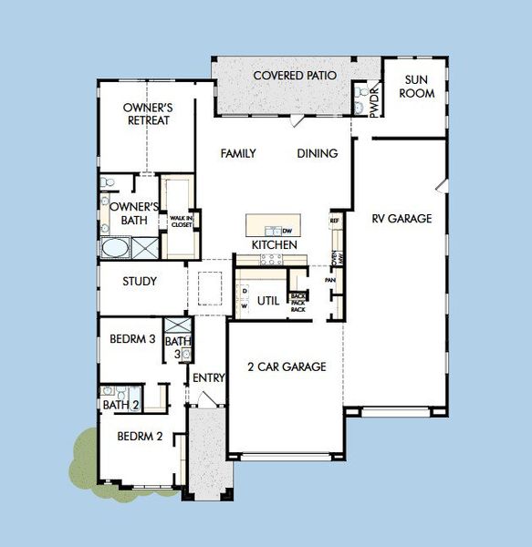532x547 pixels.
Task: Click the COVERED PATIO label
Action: (x=295, y=76)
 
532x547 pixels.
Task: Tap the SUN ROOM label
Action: (x=416, y=87)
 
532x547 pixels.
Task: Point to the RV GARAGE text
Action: (x=402, y=219)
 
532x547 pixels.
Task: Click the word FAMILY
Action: (x=238, y=154)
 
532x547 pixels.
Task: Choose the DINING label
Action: (x=317, y=154)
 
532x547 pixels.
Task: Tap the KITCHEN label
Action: (x=275, y=245)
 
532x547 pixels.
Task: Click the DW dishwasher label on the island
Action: (x=286, y=231)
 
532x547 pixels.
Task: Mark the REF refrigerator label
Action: (x=335, y=221)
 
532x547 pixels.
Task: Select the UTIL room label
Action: (x=268, y=300)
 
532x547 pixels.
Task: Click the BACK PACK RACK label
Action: (x=297, y=303)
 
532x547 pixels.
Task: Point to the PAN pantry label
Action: (x=329, y=280)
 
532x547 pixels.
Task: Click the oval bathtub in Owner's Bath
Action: (x=115, y=249)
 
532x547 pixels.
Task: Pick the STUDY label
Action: (x=140, y=282)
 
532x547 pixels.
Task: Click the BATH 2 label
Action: (x=120, y=405)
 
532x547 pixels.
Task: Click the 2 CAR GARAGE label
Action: (x=287, y=367)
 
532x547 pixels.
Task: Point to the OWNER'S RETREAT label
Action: (x=148, y=114)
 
